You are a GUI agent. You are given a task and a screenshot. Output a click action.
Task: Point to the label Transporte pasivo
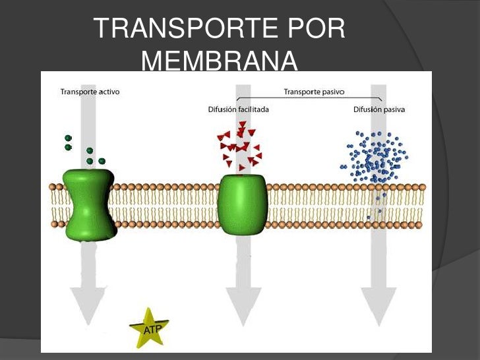[315, 92]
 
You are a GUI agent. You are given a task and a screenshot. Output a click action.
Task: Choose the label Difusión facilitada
[238, 109]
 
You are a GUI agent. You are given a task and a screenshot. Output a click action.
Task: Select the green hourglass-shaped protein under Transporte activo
[90, 205]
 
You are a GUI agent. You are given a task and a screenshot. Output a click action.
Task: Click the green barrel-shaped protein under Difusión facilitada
[241, 205]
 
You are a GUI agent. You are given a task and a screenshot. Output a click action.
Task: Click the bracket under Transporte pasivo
[313, 100]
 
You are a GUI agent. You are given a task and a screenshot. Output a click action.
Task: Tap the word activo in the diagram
[106, 92]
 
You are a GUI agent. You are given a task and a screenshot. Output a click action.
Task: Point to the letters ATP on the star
[150, 327]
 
